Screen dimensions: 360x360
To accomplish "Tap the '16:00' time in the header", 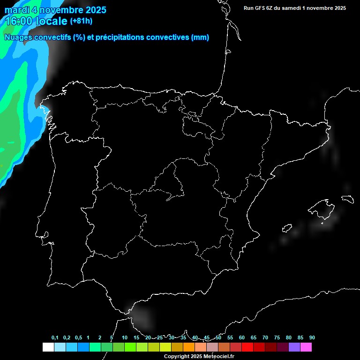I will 19,21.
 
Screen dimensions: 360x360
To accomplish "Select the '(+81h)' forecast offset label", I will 81,21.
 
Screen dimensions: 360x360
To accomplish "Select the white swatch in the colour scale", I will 48,347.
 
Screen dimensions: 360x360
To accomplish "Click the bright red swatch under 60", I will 247,347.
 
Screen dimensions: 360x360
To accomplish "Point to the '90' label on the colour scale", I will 312,337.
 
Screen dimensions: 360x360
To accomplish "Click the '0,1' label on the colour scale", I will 55,337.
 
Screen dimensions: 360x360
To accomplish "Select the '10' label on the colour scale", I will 124,337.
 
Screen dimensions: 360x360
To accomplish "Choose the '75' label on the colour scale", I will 277,337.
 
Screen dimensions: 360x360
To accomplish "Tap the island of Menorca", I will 348,199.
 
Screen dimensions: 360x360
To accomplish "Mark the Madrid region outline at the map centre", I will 171,180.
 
